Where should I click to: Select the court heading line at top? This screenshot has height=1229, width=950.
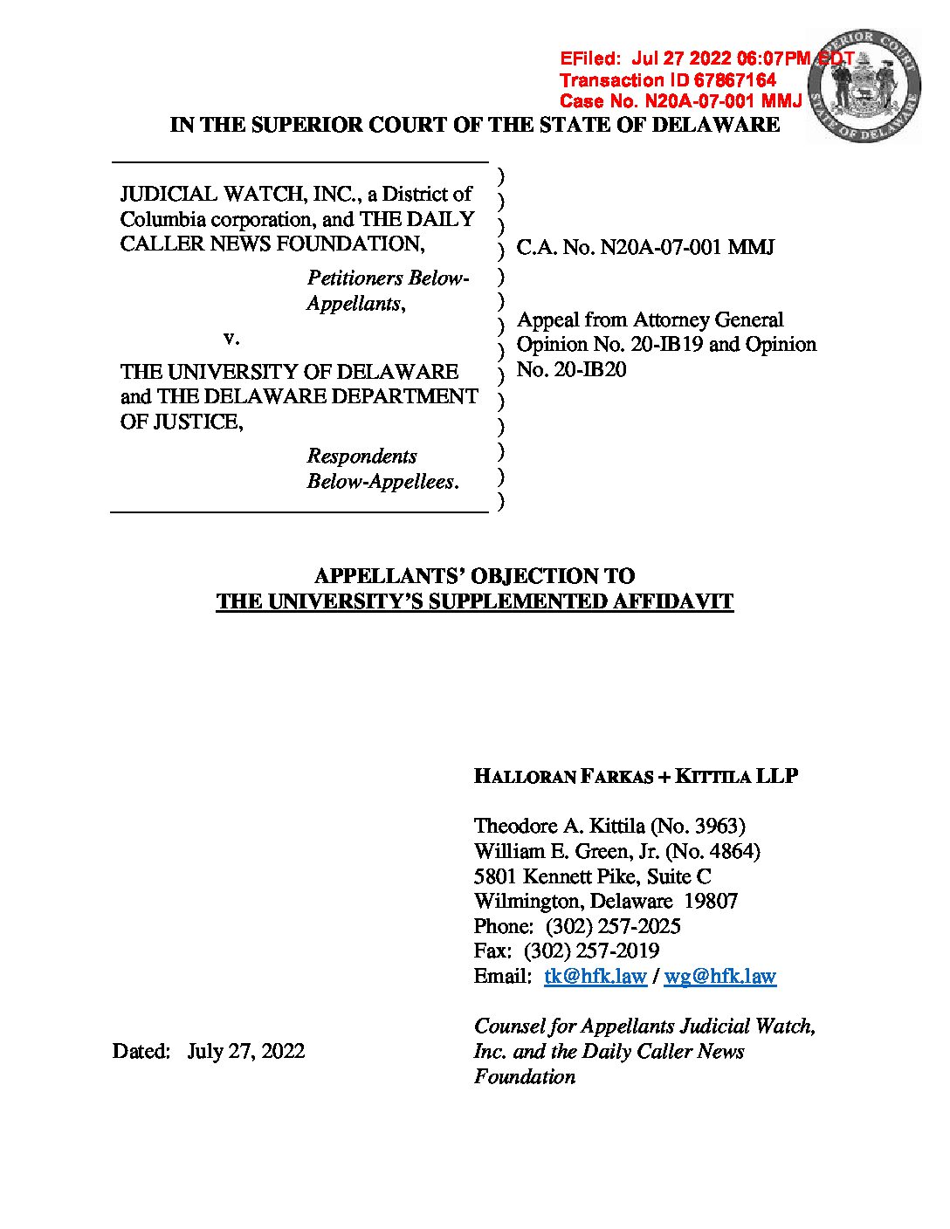pos(474,125)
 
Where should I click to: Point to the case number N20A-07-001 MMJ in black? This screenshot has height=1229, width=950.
pos(687,247)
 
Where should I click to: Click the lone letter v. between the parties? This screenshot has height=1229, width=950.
pos(231,337)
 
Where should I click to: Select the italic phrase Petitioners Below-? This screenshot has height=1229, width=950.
pos(388,278)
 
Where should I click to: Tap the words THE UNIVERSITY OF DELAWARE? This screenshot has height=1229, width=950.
pos(289,372)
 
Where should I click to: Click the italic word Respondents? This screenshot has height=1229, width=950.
pos(361,457)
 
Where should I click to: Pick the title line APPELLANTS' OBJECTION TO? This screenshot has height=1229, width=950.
pos(474,576)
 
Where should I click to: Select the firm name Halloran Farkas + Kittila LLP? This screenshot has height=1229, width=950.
pos(636,776)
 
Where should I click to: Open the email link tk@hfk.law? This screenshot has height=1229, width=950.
pos(595,977)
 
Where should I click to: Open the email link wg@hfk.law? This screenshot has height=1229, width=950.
pos(719,977)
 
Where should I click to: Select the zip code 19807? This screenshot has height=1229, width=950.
pos(711,901)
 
